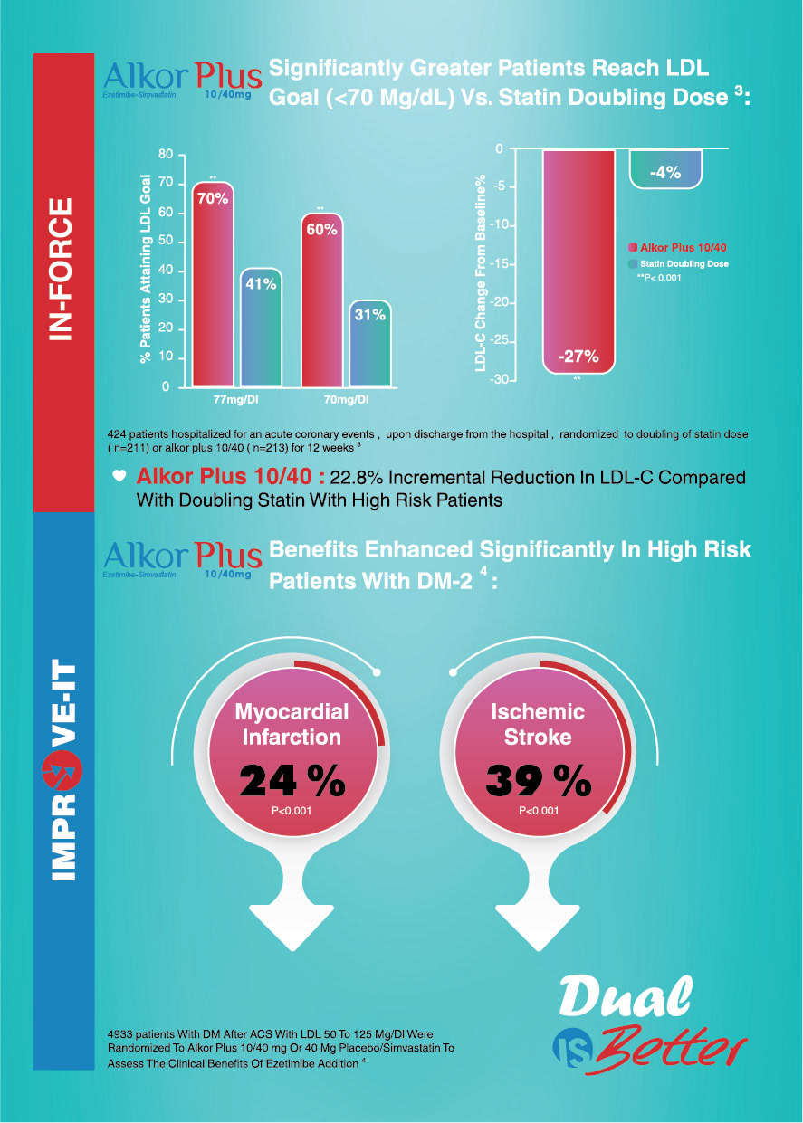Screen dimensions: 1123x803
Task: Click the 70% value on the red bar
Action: tap(213, 198)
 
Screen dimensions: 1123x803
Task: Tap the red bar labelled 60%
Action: tap(321, 299)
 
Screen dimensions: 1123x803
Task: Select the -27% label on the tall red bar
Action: tap(578, 357)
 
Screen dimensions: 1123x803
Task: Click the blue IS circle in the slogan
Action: tap(570, 1049)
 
